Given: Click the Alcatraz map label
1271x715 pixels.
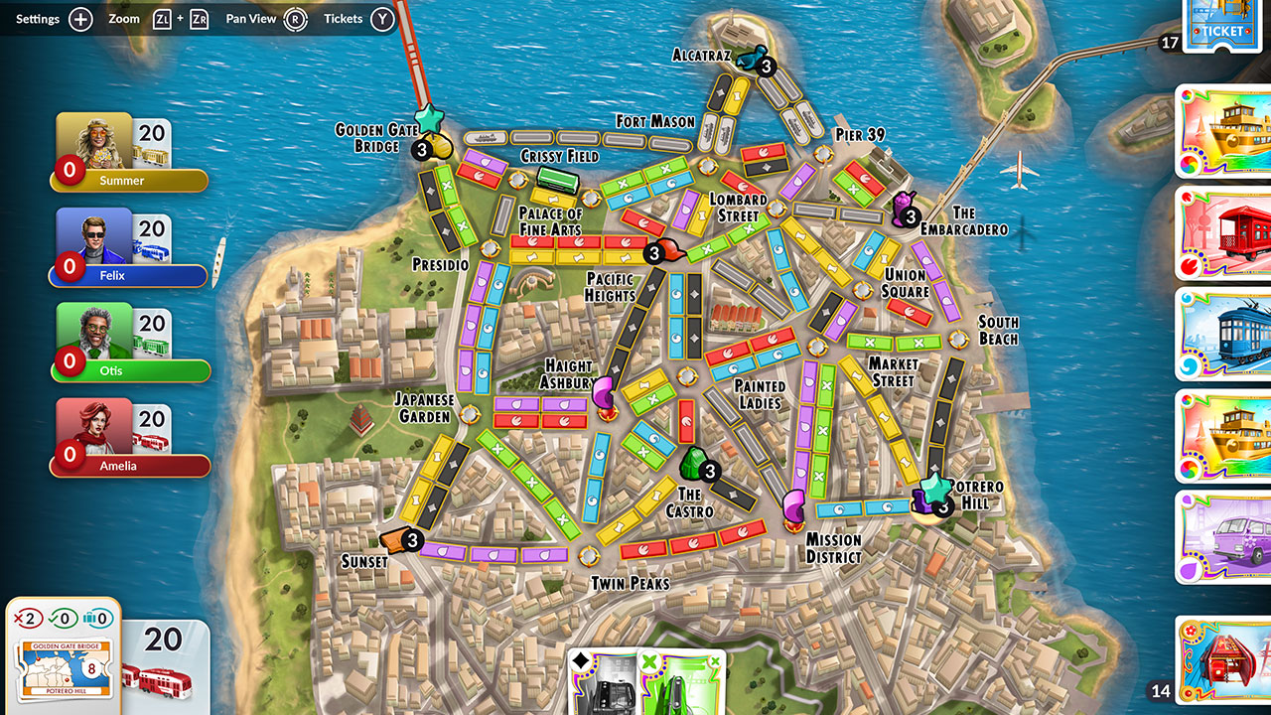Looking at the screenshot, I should coord(702,55).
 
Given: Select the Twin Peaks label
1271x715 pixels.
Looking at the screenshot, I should coord(630,583).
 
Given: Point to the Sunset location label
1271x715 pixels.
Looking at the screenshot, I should coord(364,561).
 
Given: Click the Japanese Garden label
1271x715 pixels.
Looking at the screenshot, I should coord(424,408).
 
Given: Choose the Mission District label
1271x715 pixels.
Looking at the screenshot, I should coord(833,547).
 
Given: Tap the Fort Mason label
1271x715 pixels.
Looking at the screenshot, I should coord(655,121).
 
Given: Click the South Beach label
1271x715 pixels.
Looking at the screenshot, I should coord(998,330).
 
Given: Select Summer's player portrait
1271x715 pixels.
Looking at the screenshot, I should coord(94,141).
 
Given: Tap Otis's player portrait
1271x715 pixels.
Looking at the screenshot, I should coord(94,331).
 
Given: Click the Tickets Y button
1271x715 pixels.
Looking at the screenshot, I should coord(382,19).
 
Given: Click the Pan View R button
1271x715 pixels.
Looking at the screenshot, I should coord(295,19).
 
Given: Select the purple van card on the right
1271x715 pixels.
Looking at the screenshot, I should coord(1223,536).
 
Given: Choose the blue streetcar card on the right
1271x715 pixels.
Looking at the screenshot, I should coord(1223,334).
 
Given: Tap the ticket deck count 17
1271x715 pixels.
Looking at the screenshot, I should coord(1170,43).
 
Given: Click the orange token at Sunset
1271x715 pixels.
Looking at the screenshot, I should coord(394,539).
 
